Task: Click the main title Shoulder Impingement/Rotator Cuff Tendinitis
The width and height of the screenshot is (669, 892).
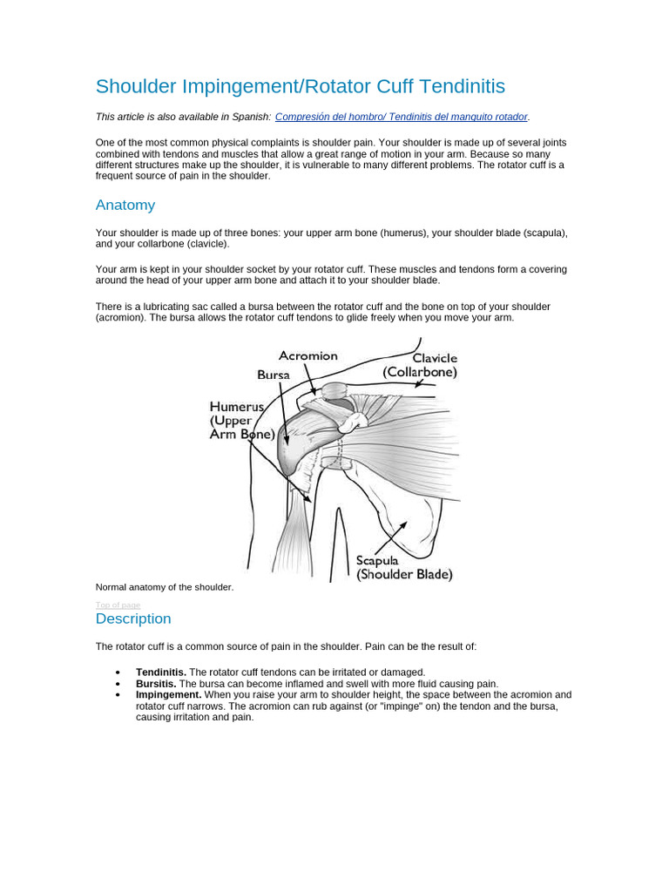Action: [x=300, y=86]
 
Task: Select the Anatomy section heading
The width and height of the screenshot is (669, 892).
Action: [x=125, y=206]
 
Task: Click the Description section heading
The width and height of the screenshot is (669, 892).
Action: [x=133, y=618]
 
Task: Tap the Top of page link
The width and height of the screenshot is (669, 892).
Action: [x=118, y=605]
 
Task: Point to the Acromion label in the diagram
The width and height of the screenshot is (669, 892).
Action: [x=307, y=356]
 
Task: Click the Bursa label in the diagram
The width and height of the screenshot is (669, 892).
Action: [x=274, y=375]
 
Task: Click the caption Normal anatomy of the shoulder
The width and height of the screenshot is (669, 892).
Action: [x=165, y=587]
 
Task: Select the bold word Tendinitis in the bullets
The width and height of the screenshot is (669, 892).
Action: [x=161, y=672]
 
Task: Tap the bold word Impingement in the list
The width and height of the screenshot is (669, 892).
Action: [x=168, y=695]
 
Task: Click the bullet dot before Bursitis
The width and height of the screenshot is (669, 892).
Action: [x=118, y=685]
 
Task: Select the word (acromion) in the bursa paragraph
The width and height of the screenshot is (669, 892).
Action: [x=120, y=318]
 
